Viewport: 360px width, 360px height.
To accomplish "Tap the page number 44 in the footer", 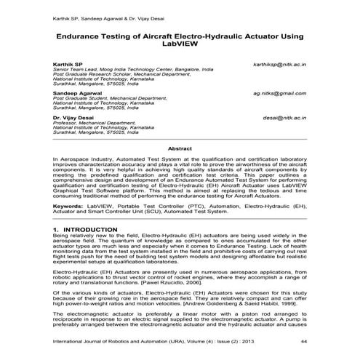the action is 303,341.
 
